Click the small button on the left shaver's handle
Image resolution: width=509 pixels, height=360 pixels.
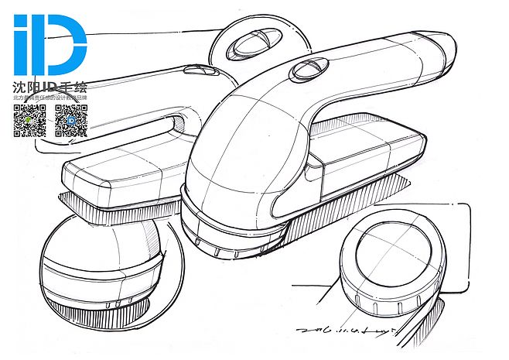(200, 70)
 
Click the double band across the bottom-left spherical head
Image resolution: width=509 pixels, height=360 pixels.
(101, 268)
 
